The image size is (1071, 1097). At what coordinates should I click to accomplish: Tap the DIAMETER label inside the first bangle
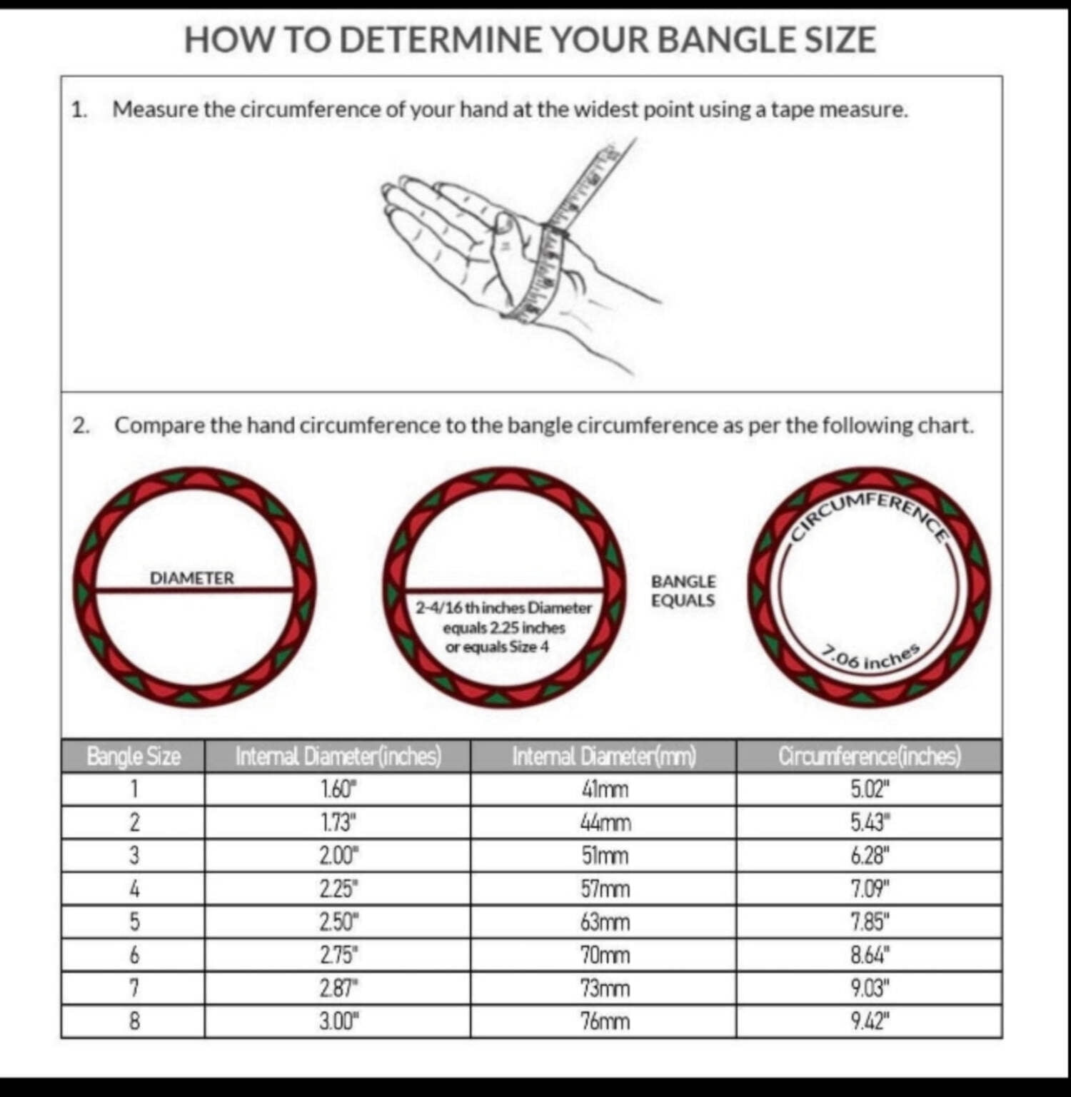[191, 578]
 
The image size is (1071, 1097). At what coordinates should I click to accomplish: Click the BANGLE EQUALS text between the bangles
[683, 591]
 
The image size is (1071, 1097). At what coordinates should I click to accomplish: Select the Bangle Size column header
[134, 756]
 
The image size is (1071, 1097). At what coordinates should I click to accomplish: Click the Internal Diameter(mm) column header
[604, 756]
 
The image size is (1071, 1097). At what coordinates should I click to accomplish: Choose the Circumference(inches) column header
[870, 756]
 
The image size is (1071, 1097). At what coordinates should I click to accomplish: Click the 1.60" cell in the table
[338, 789]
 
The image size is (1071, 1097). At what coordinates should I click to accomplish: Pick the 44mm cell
[605, 823]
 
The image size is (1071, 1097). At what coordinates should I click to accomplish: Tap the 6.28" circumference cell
[870, 856]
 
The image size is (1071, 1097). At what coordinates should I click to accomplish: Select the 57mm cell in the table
[605, 889]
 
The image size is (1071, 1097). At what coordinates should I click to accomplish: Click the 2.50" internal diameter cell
[338, 922]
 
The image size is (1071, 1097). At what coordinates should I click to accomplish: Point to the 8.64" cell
[870, 955]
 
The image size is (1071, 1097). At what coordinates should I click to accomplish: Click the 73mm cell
[605, 989]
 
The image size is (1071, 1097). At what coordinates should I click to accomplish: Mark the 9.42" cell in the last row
[870, 1022]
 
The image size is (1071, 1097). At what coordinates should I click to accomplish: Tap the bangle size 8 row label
[134, 1022]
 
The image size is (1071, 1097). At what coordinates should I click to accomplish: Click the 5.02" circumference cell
[870, 789]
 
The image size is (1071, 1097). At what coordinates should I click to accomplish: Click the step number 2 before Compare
[80, 426]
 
